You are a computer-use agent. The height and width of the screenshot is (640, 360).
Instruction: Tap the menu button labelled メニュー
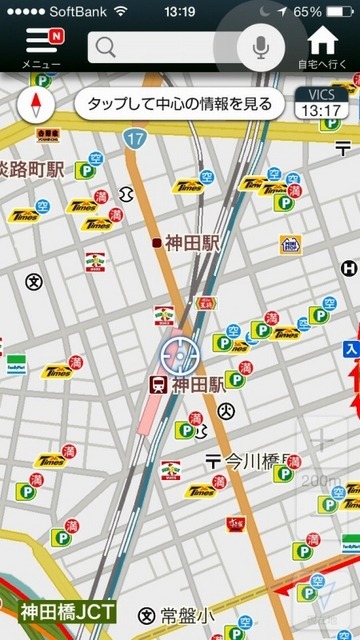(x=41, y=46)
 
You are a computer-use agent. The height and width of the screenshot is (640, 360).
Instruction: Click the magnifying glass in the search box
(x=106, y=47)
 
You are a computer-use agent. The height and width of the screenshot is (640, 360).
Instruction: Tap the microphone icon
(x=260, y=46)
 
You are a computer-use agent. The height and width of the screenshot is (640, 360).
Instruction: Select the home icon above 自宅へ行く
(x=323, y=42)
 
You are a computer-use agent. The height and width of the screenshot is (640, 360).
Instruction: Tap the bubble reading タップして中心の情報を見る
(x=179, y=103)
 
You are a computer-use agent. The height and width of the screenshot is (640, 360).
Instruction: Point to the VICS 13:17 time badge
(x=322, y=103)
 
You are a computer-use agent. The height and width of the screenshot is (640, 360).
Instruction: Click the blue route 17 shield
(x=137, y=140)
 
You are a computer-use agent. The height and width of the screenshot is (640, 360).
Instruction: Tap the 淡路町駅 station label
(x=31, y=169)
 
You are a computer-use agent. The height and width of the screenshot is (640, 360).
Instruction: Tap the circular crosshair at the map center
(x=177, y=354)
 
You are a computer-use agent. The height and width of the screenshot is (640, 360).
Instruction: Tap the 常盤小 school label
(x=177, y=615)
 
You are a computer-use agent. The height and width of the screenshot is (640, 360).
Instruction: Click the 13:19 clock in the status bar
(x=179, y=11)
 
